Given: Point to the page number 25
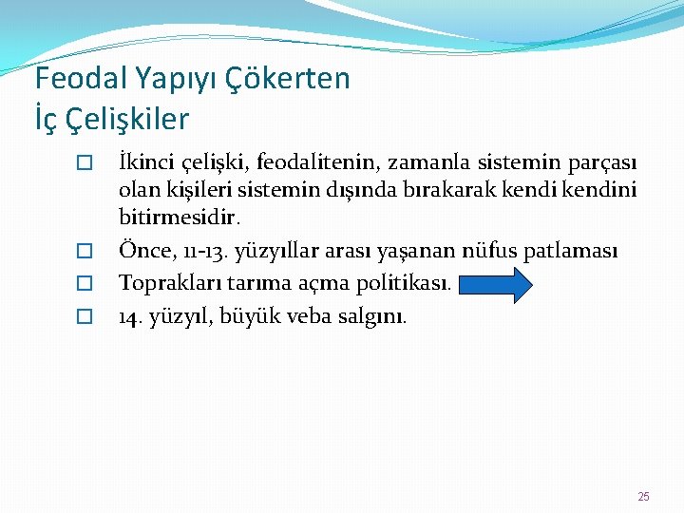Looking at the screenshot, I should (643, 497).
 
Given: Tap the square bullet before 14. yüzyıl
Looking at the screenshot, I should (84, 316).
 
